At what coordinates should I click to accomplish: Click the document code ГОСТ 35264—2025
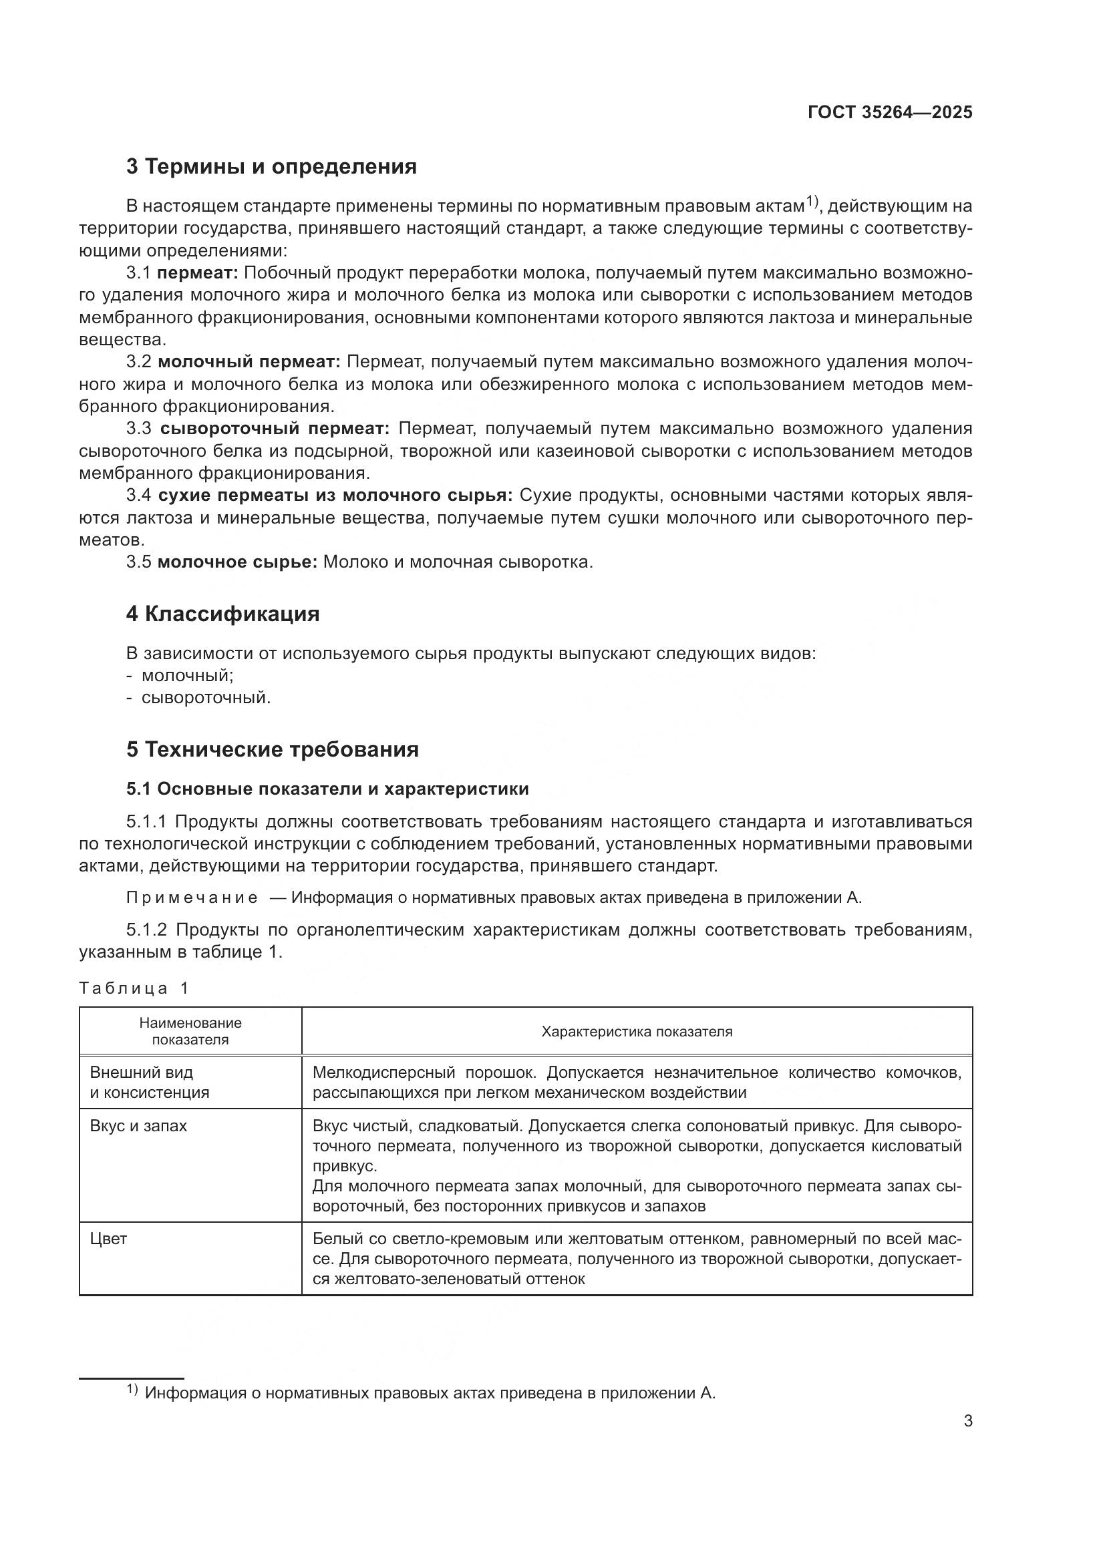[x=889, y=112]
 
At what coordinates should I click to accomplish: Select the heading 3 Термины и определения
[x=271, y=167]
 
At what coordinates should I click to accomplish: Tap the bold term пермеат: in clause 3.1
[x=197, y=274]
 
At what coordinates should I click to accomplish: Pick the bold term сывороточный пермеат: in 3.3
[x=275, y=429]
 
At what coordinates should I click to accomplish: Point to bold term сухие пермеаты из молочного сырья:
[x=335, y=496]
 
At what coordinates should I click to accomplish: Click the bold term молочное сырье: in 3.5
[x=237, y=562]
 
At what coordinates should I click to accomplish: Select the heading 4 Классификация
[x=222, y=614]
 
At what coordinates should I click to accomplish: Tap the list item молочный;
[x=187, y=676]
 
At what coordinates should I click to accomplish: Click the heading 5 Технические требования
[x=272, y=750]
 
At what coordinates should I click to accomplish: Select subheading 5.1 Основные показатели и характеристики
[x=327, y=789]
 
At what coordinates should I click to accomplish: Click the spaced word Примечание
[x=192, y=898]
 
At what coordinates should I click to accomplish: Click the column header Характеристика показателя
[x=636, y=1032]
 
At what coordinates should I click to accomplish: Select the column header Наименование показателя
[x=190, y=1031]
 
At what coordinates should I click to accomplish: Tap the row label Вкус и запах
[x=138, y=1126]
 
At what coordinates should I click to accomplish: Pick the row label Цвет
[x=109, y=1239]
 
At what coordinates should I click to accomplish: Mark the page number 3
[x=967, y=1421]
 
